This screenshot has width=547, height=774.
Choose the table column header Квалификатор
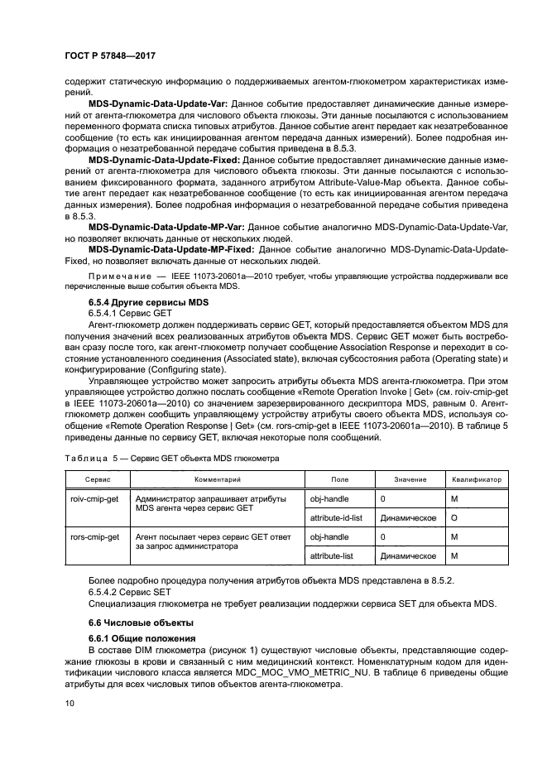pyautogui.click(x=477, y=480)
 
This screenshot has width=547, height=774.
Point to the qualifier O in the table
pyautogui.click(x=453, y=517)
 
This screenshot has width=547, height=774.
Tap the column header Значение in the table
pyautogui.click(x=410, y=480)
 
